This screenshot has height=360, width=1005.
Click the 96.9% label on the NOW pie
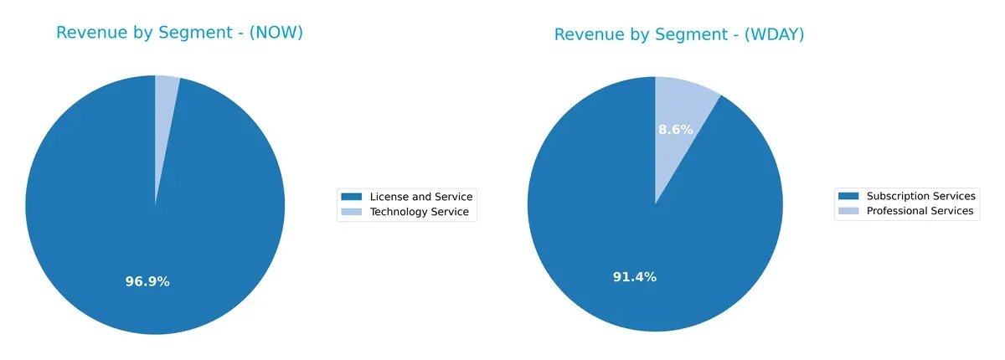147,282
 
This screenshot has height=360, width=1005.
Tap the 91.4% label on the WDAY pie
634,277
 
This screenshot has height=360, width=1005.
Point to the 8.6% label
675,130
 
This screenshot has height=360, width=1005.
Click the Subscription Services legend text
920,196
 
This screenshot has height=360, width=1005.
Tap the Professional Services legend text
920,211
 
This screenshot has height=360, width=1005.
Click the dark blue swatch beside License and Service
352,197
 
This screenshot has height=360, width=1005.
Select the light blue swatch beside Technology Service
352,213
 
